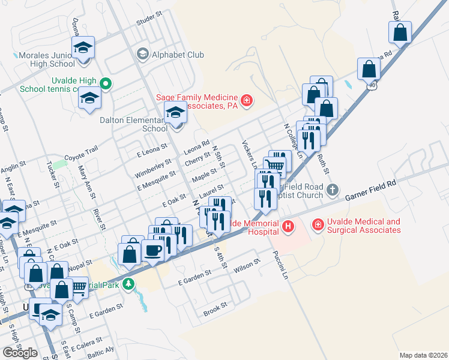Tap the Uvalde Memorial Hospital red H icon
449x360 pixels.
pyautogui.click(x=289, y=226)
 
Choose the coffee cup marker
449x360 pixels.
pyautogui.click(x=152, y=251)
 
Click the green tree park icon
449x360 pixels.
pyautogui.click(x=128, y=284)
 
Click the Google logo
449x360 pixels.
pyautogui.click(x=20, y=352)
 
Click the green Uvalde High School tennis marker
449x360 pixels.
pyautogui.click(x=106, y=83)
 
